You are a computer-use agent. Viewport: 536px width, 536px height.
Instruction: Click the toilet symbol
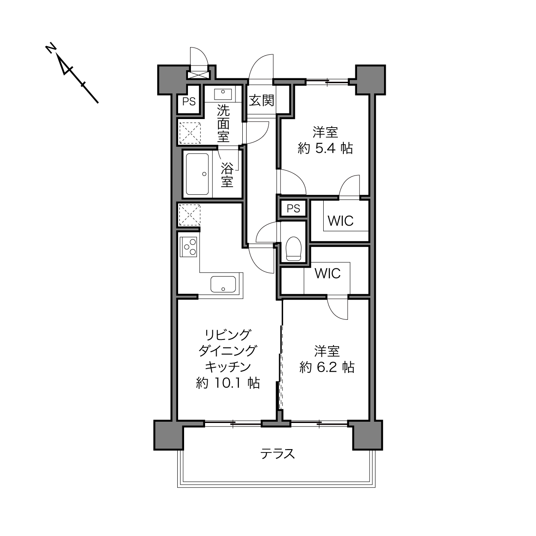(x=294, y=248)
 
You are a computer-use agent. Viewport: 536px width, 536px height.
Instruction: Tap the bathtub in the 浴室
(x=197, y=174)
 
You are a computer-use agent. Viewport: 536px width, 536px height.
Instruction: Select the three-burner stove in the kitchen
(x=188, y=247)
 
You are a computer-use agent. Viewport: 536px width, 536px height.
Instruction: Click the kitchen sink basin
(x=223, y=284)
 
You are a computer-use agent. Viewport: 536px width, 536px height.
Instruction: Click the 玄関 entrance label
(x=261, y=101)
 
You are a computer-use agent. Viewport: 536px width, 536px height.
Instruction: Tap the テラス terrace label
(x=277, y=454)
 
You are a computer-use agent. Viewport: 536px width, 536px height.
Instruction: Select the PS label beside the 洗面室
(x=189, y=102)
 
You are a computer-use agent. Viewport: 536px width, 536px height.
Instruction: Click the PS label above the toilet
(x=293, y=208)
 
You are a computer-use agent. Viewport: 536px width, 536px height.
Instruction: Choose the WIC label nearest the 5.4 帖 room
(x=340, y=221)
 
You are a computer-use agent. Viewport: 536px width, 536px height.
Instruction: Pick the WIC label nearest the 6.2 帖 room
(x=328, y=274)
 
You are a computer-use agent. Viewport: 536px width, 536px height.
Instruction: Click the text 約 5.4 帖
(x=325, y=148)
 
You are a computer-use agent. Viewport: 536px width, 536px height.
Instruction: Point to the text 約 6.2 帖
(x=327, y=367)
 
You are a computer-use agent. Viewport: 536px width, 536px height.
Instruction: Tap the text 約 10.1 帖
(x=228, y=383)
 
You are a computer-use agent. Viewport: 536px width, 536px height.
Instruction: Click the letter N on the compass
(x=51, y=48)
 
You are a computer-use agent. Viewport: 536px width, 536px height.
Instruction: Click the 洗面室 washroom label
(x=223, y=123)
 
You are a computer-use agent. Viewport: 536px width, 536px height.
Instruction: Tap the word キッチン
(x=228, y=367)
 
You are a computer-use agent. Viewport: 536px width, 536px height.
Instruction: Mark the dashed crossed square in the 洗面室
(x=190, y=133)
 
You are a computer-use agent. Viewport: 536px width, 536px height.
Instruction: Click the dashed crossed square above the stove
(x=190, y=215)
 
